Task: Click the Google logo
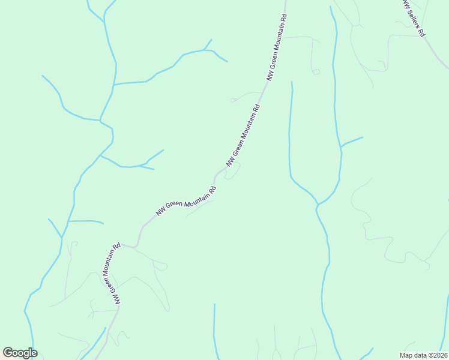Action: [x=20, y=353]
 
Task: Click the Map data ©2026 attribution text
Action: [x=424, y=355]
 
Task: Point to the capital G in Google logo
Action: [x=8, y=353]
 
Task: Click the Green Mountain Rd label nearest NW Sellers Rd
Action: [x=277, y=40]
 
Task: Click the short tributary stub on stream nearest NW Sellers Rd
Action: [x=352, y=141]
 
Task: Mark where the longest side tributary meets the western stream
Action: [x=113, y=85]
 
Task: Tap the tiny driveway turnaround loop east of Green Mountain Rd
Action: [x=316, y=72]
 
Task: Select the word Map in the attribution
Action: [x=406, y=355]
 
